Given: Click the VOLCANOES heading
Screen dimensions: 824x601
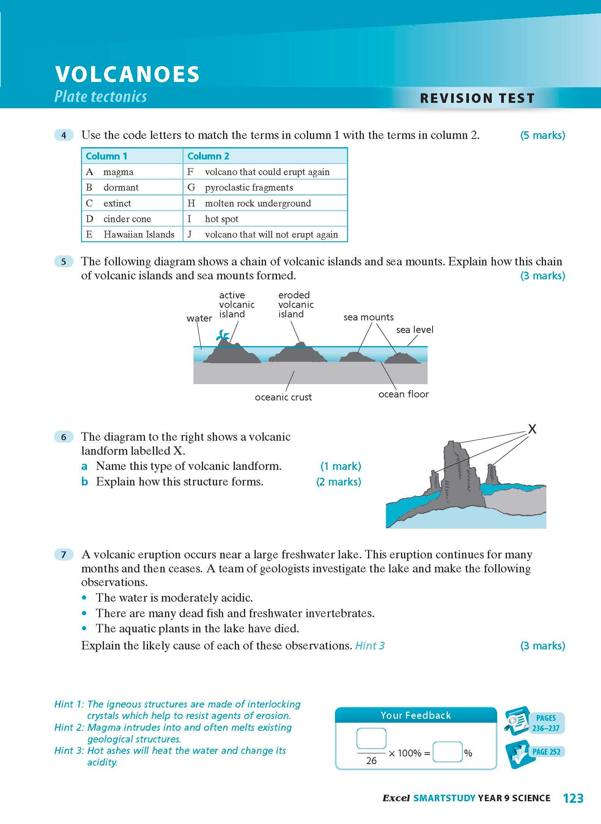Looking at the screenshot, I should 127,74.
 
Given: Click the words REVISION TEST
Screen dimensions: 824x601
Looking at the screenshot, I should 477,98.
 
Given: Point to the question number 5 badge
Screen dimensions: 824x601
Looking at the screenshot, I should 64,262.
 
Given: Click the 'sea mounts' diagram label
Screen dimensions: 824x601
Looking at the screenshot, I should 368,317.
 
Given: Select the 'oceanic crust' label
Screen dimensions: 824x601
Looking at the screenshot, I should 283,397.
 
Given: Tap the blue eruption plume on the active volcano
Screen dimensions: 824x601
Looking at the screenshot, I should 223,335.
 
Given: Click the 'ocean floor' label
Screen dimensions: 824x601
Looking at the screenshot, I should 403,394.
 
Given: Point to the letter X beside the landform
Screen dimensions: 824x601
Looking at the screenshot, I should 532,429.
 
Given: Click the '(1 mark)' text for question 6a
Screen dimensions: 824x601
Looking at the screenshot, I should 340,466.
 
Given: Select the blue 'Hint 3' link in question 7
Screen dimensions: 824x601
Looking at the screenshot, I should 369,645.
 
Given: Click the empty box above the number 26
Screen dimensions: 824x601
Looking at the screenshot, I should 371,738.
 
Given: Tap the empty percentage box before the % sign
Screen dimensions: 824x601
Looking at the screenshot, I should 447,752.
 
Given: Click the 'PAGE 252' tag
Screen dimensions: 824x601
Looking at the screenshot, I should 546,752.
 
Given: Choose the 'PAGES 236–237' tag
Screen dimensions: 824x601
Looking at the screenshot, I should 546,723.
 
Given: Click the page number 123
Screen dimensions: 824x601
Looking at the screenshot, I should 573,798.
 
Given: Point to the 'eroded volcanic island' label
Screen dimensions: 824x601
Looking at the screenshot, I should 295,305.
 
